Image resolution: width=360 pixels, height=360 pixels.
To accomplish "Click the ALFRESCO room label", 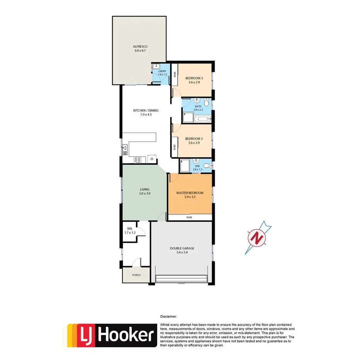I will [140, 46].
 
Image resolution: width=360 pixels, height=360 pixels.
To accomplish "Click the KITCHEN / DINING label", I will [146, 110].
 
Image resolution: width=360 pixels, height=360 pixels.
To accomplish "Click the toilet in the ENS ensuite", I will [208, 166].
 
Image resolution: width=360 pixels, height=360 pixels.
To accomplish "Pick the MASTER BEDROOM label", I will [190, 193].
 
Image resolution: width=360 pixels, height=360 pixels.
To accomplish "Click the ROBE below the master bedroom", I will [189, 217].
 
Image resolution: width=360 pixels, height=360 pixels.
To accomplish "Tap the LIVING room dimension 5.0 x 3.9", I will [145, 194].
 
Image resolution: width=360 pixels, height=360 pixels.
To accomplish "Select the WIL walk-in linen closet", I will [129, 231].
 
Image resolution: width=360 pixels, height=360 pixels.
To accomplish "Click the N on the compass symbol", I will [256, 238].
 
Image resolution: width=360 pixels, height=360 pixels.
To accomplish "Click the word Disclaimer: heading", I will [168, 316].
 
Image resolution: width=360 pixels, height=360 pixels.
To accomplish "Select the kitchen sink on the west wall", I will [125, 149].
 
